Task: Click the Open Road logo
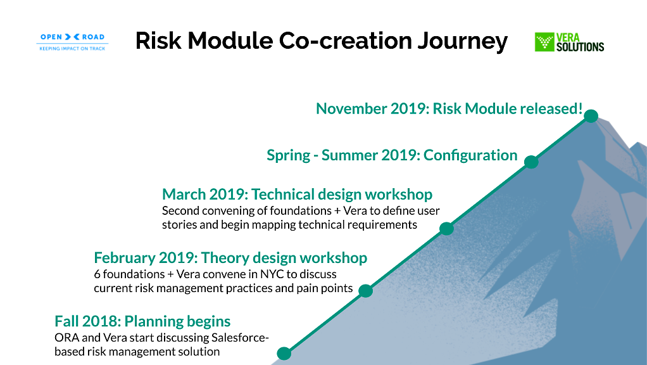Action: pyautogui.click(x=72, y=42)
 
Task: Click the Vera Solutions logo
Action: pyautogui.click(x=569, y=42)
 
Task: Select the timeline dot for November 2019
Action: pyautogui.click(x=591, y=116)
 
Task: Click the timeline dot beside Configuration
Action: pyautogui.click(x=531, y=162)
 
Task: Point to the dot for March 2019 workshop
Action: pyautogui.click(x=446, y=228)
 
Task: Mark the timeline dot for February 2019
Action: pyautogui.click(x=365, y=291)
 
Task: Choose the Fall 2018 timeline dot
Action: pyautogui.click(x=284, y=354)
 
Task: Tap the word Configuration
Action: pyautogui.click(x=470, y=156)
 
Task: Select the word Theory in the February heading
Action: pyautogui.click(x=225, y=258)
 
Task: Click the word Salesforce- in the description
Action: pyautogui.click(x=240, y=337)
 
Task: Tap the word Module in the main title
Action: pyautogui.click(x=230, y=41)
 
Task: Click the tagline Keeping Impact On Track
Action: pyautogui.click(x=72, y=48)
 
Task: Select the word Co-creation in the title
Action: pyautogui.click(x=345, y=41)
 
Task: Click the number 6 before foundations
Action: pyautogui.click(x=97, y=274)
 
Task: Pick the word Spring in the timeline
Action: pyautogui.click(x=289, y=156)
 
